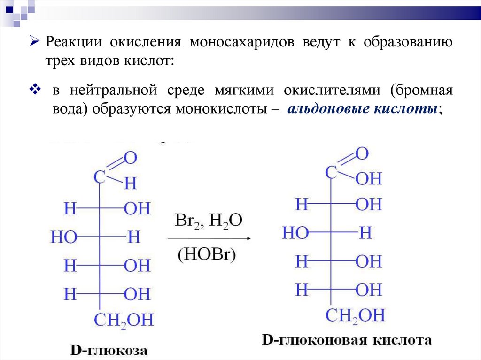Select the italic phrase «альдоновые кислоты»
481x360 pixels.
364,109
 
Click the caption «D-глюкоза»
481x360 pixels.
109,350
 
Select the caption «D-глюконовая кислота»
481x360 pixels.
346,340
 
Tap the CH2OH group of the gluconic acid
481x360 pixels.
355,314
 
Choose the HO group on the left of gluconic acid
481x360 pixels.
295,233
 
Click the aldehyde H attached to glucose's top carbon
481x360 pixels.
130,184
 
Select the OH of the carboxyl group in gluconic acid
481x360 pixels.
369,179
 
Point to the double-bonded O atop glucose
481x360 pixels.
130,158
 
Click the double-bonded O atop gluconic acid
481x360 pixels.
362,153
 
